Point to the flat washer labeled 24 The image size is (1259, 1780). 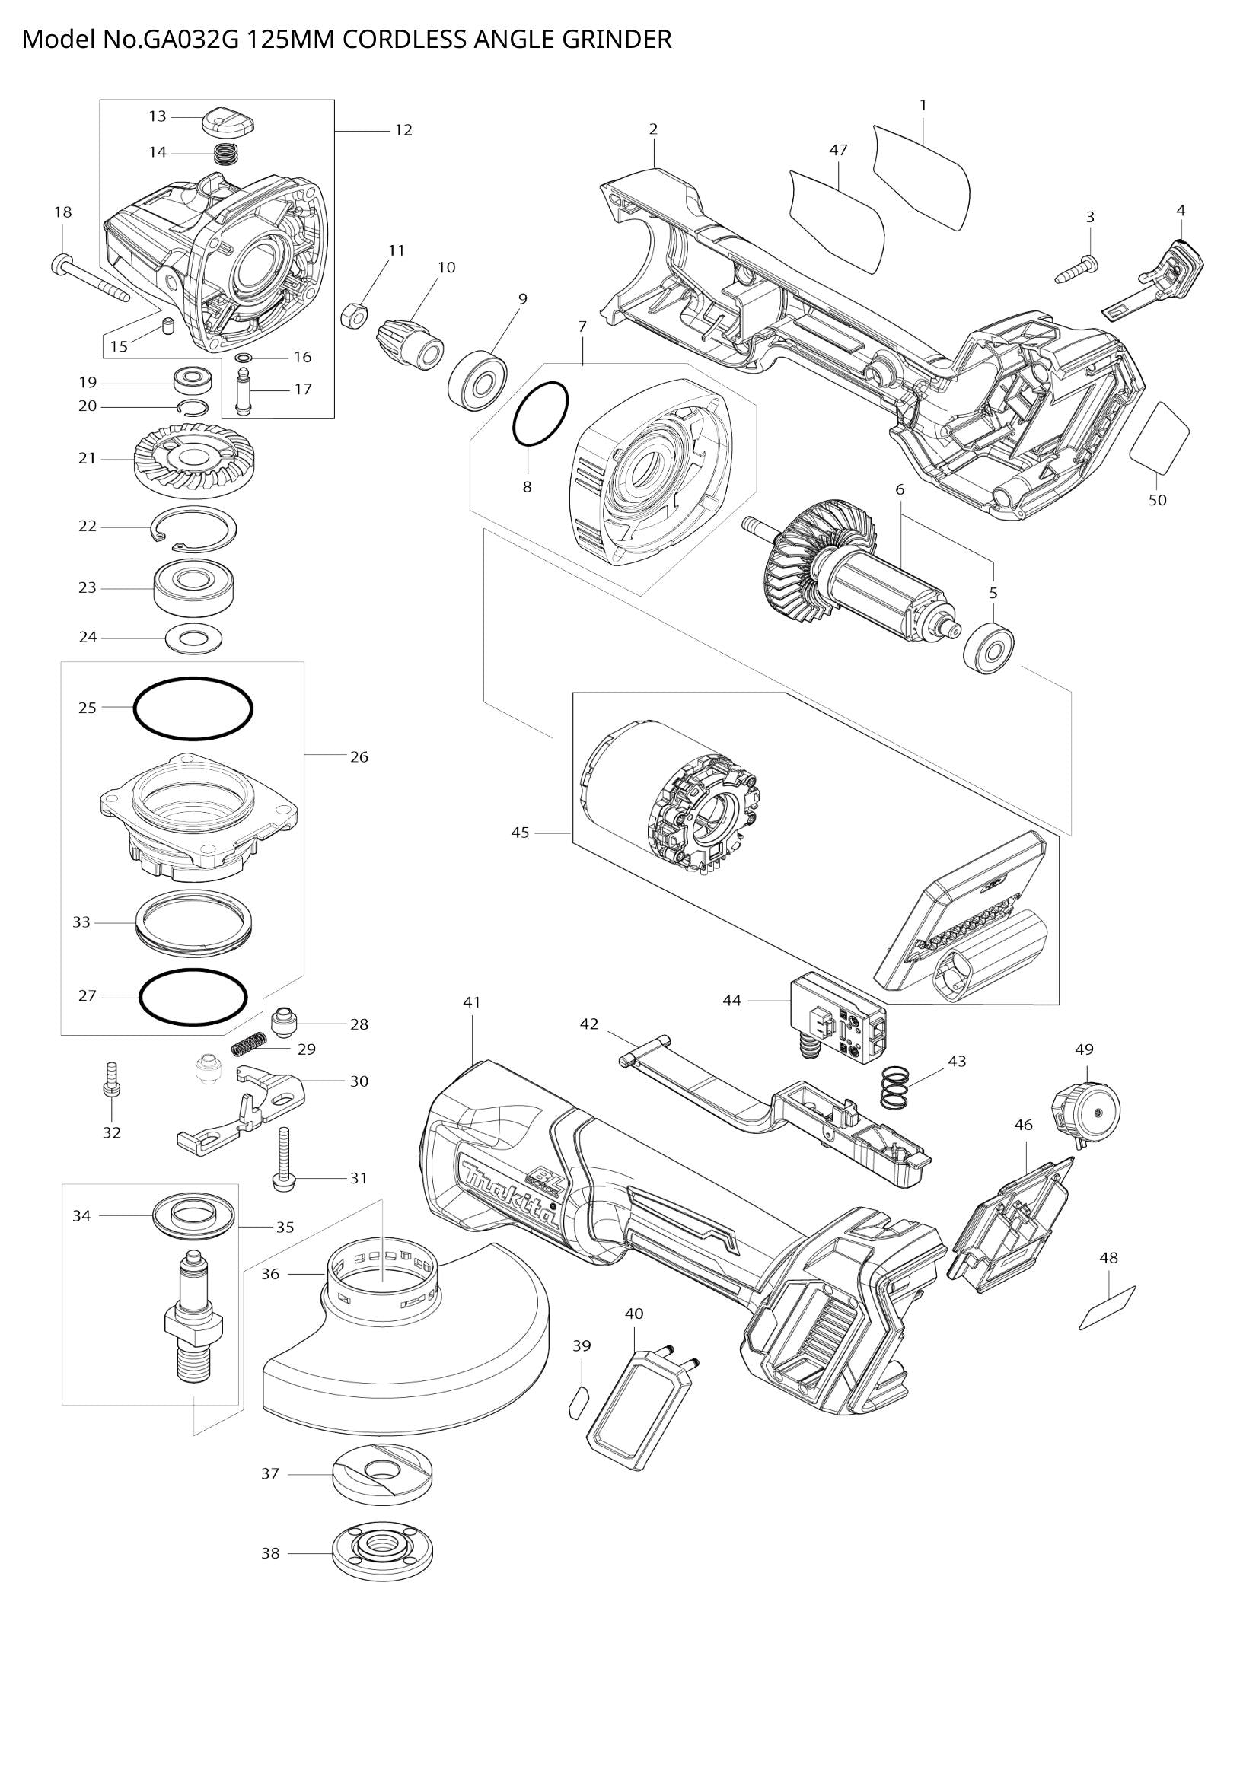click(x=194, y=639)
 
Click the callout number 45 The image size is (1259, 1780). click(x=520, y=833)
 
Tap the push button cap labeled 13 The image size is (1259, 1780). click(x=227, y=121)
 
